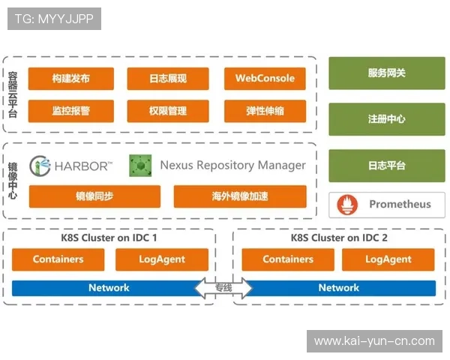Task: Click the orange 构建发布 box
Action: pos(71,79)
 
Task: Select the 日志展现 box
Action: pos(168,79)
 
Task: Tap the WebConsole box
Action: pos(265,79)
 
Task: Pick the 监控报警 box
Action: pos(71,111)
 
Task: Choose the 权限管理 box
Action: pos(168,111)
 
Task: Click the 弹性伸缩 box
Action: pos(265,111)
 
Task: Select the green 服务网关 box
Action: pos(386,73)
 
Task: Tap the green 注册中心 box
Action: pos(386,119)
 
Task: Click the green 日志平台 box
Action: pos(386,165)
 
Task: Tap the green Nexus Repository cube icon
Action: pos(140,165)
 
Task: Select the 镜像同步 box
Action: pos(94,196)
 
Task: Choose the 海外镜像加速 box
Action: pos(240,196)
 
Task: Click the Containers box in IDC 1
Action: pos(58,259)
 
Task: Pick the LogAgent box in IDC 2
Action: pos(388,259)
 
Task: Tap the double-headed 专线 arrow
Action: pos(223,288)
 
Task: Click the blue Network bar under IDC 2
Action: pos(339,288)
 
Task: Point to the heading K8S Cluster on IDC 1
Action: pos(109,238)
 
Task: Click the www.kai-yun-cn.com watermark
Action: pos(374,341)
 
